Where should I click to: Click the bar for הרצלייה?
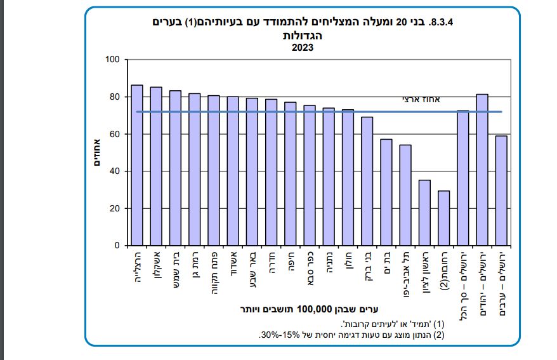(136, 165)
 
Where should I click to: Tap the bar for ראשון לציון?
(424, 213)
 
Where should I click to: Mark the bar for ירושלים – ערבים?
(501, 190)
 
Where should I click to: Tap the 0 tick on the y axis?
(117, 246)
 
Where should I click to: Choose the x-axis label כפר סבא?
(310, 267)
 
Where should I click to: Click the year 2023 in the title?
(303, 46)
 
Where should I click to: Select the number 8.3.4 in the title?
(442, 22)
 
